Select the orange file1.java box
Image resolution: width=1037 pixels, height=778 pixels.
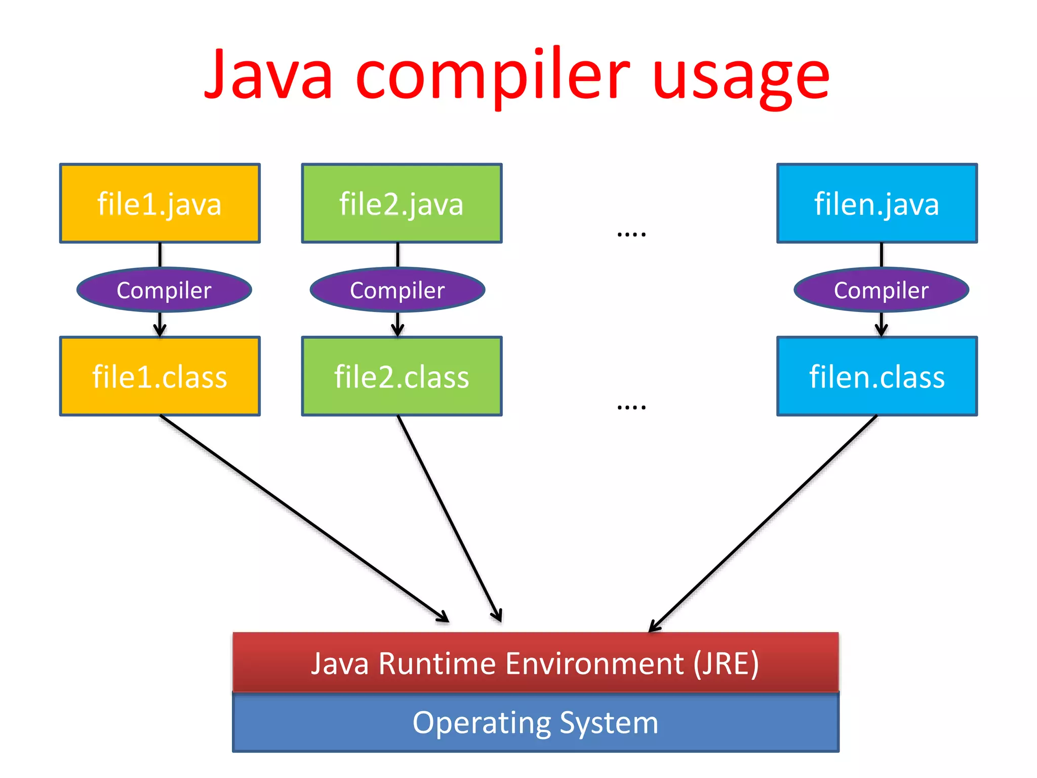159,203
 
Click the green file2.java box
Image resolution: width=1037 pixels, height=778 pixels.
402,203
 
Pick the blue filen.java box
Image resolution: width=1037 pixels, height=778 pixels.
877,203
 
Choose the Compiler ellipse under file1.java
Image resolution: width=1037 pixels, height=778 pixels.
164,290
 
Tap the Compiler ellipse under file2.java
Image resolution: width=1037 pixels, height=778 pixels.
397,290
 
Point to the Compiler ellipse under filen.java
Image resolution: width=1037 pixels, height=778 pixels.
881,290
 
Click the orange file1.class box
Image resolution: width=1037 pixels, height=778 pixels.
159,376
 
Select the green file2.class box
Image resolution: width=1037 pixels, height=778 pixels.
402,376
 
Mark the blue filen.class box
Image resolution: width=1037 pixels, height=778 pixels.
877,376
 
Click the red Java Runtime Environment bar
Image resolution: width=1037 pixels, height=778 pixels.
535,663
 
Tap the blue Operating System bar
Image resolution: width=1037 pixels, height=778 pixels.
535,722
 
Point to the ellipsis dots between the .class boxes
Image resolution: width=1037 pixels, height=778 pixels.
631,407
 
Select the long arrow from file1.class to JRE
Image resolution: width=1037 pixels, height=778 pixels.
304,518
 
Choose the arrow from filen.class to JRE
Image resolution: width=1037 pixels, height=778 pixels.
763,524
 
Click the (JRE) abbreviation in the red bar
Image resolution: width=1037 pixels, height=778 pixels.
726,664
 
